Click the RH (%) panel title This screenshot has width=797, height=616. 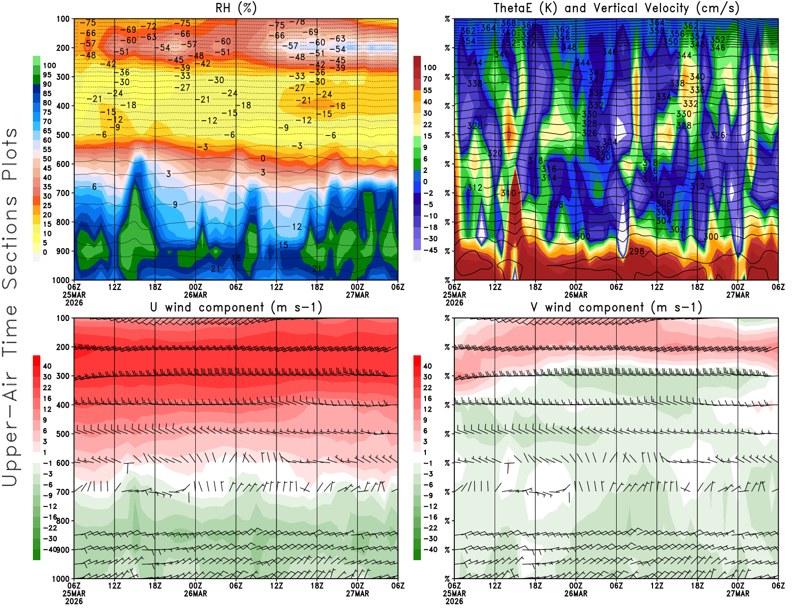[236, 8]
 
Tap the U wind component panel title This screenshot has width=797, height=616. [236, 308]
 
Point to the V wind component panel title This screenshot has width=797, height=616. [616, 308]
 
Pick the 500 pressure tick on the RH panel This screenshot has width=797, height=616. [63, 135]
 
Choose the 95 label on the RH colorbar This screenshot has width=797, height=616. [47, 75]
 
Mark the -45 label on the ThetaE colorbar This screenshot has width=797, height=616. [429, 250]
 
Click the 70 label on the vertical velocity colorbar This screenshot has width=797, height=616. [427, 79]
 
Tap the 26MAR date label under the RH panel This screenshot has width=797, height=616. [195, 295]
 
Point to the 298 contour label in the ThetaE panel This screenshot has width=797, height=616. [637, 251]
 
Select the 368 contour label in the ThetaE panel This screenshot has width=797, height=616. [509, 23]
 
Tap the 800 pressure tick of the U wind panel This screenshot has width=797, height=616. [63, 521]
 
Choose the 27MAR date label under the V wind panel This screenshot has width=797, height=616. [738, 594]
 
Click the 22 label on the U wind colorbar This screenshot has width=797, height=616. [47, 388]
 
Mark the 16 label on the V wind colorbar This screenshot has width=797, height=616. [427, 399]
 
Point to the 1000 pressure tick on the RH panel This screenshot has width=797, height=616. [61, 280]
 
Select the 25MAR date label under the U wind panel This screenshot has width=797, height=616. [74, 594]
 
